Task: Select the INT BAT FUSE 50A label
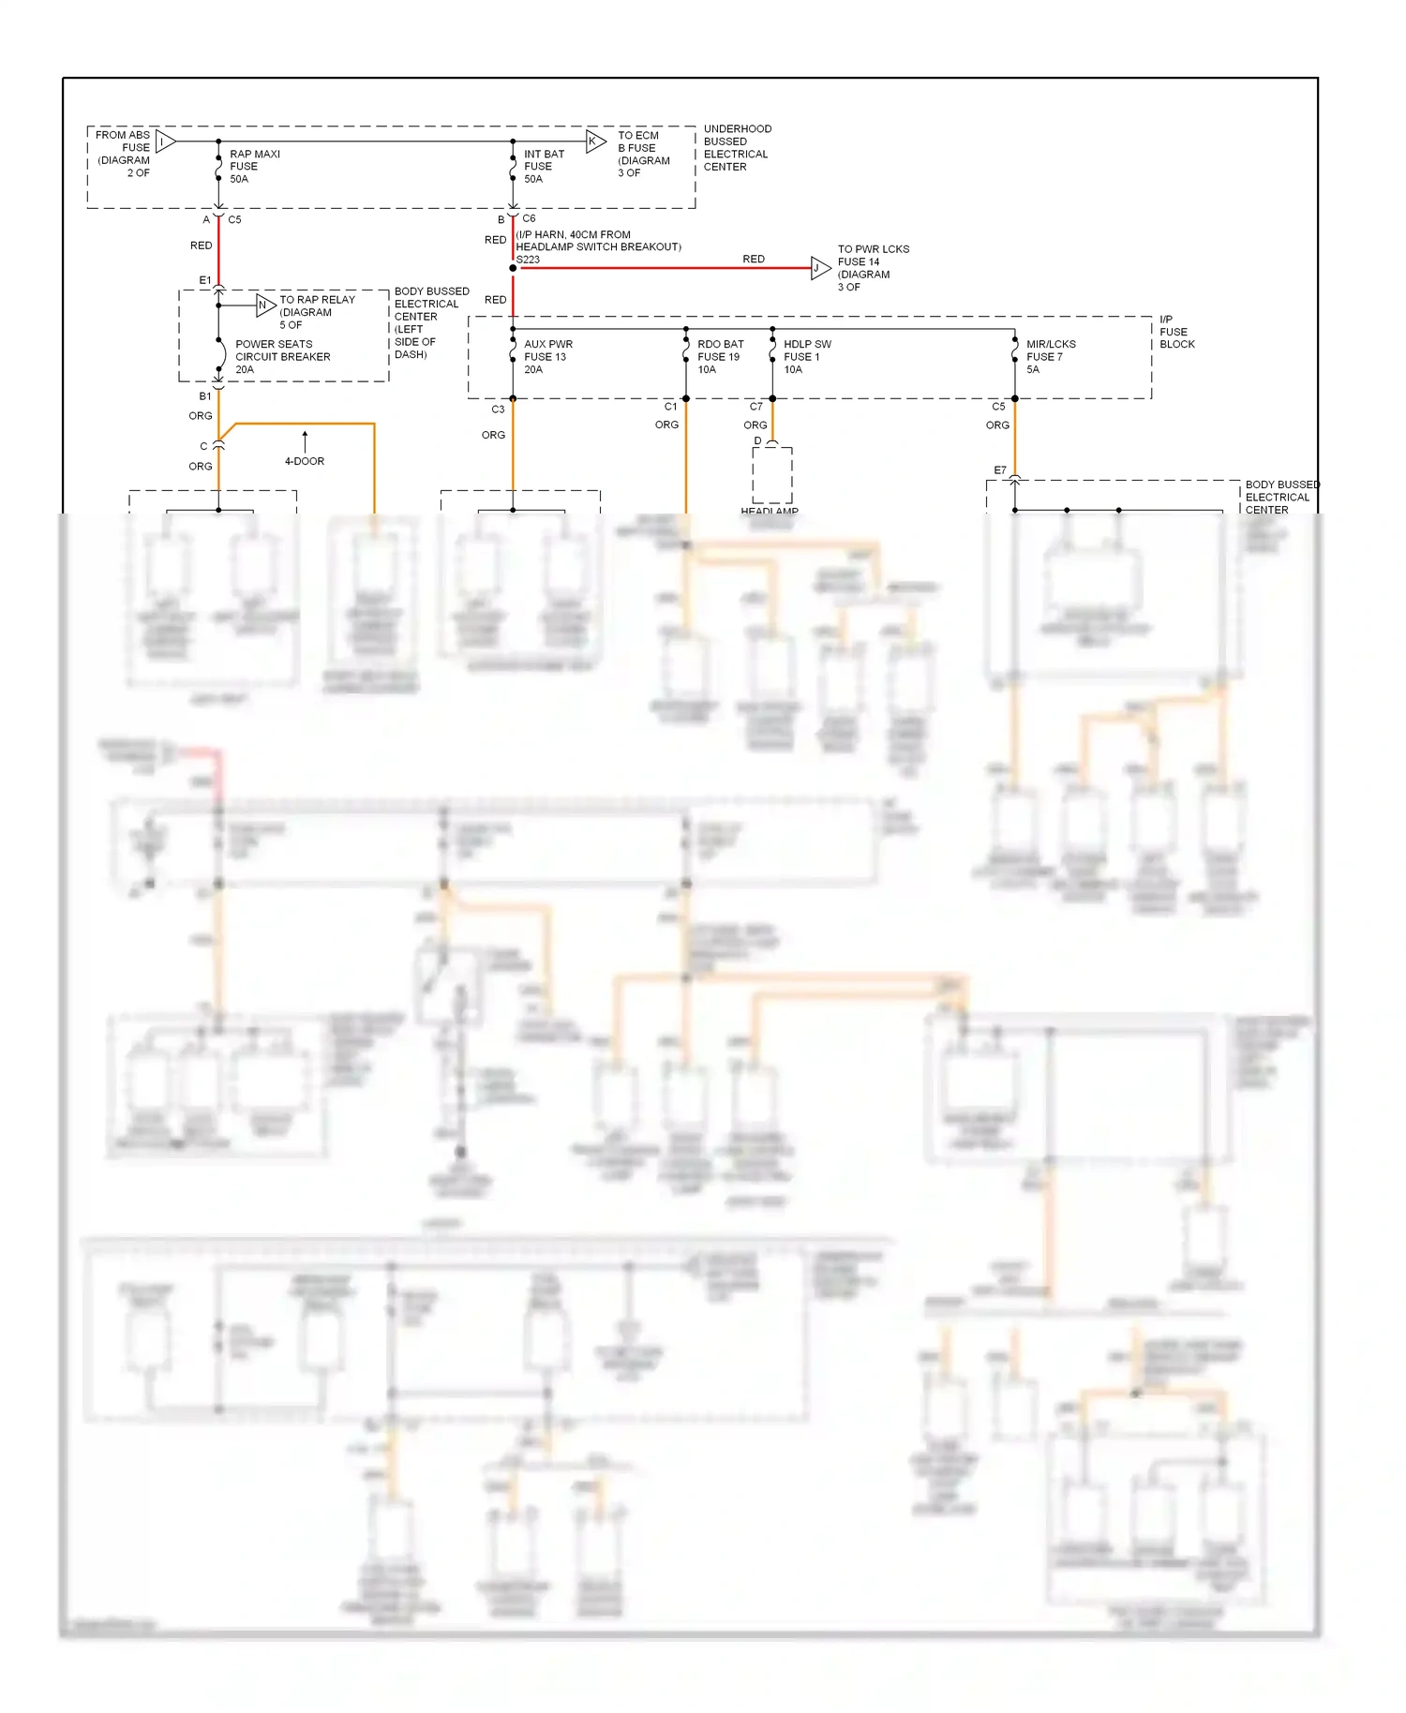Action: pyautogui.click(x=544, y=167)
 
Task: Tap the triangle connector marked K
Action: pyautogui.click(x=595, y=142)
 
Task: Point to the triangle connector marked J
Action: pyautogui.click(x=819, y=268)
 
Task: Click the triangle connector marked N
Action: pyautogui.click(x=265, y=305)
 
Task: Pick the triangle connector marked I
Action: pyautogui.click(x=165, y=142)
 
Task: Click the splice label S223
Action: pyautogui.click(x=528, y=260)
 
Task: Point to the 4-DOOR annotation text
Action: pyautogui.click(x=305, y=461)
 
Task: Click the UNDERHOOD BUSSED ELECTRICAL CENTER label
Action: pyautogui.click(x=737, y=148)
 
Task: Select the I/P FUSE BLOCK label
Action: pyautogui.click(x=1176, y=332)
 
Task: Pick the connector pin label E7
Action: pyautogui.click(x=1000, y=470)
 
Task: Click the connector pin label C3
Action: pyautogui.click(x=498, y=410)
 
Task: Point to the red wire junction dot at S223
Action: pyautogui.click(x=513, y=268)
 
